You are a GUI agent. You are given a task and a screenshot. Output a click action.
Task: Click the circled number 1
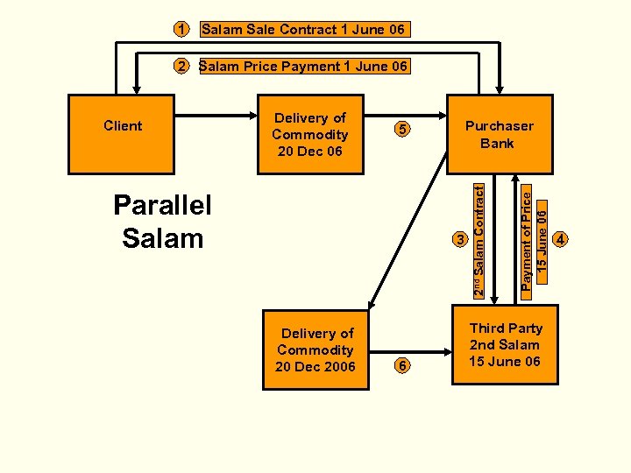click(x=180, y=30)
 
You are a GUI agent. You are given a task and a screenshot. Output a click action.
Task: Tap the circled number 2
click(x=180, y=66)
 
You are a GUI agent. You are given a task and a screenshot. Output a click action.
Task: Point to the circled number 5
click(x=401, y=130)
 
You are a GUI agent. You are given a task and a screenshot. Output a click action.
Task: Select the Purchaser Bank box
click(x=500, y=133)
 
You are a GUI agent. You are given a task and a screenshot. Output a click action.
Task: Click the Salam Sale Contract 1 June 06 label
click(x=303, y=30)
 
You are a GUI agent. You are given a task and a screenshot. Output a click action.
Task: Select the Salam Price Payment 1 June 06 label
click(x=303, y=66)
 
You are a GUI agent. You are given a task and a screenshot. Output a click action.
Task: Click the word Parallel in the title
click(x=163, y=206)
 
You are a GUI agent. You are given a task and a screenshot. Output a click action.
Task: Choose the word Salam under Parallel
click(x=163, y=238)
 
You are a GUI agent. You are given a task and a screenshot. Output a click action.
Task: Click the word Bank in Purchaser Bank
click(x=497, y=143)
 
